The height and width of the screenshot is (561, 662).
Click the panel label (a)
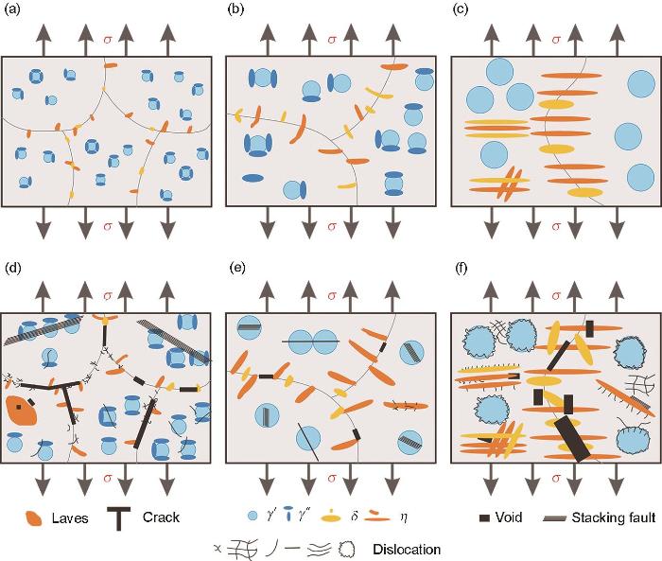coord(11,10)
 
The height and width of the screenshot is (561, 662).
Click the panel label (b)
coord(235,10)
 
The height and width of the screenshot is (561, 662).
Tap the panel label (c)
coord(461,10)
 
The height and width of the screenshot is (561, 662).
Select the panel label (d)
coord(11,268)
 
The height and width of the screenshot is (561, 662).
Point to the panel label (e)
coord(236,268)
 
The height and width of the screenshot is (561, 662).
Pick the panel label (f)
coord(461,268)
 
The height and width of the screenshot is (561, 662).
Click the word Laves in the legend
coord(70,518)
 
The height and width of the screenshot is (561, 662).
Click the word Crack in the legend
coord(161,517)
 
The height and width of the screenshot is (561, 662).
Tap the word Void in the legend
coord(509,517)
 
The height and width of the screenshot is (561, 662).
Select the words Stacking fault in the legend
coord(614,517)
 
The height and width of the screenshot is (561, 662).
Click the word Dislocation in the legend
coord(407,550)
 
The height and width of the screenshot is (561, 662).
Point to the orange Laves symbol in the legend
coord(34,518)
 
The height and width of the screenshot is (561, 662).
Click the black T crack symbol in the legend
coord(119,518)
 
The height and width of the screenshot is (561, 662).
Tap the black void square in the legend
coord(484,517)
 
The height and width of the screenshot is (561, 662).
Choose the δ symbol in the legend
coord(354,517)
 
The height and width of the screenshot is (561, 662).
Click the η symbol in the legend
coord(404,517)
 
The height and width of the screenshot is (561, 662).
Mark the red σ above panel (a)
coord(108,40)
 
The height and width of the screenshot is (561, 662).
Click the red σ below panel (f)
coord(556,479)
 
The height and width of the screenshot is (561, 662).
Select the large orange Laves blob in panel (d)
coord(22,411)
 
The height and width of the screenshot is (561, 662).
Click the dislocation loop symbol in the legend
coord(347,549)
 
